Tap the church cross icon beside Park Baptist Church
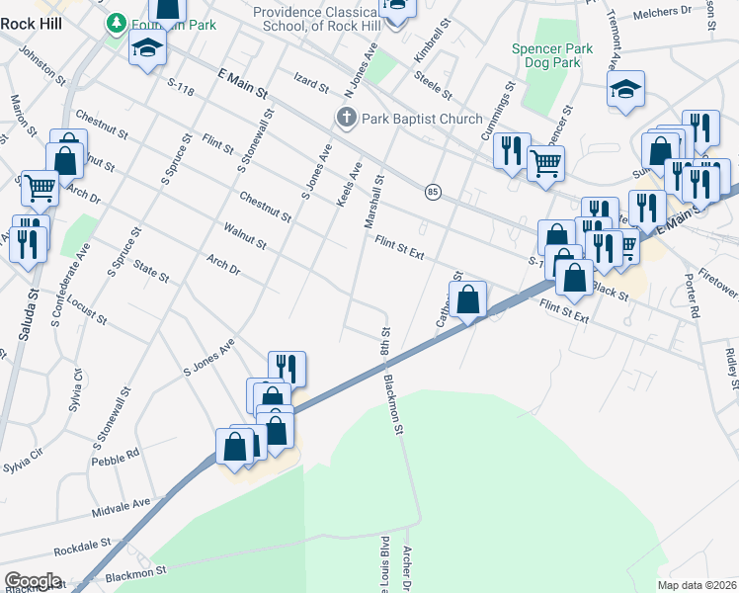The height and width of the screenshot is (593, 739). pyautogui.click(x=347, y=119)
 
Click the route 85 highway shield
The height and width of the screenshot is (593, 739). pyautogui.click(x=433, y=191)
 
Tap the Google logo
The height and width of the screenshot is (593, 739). pyautogui.click(x=33, y=581)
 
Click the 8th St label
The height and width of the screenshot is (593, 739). pyautogui.click(x=385, y=346)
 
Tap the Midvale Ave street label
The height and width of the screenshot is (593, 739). pyautogui.click(x=120, y=508)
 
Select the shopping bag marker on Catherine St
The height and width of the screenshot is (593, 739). pyautogui.click(x=468, y=298)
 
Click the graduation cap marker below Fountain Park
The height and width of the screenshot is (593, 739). pyautogui.click(x=147, y=48)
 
